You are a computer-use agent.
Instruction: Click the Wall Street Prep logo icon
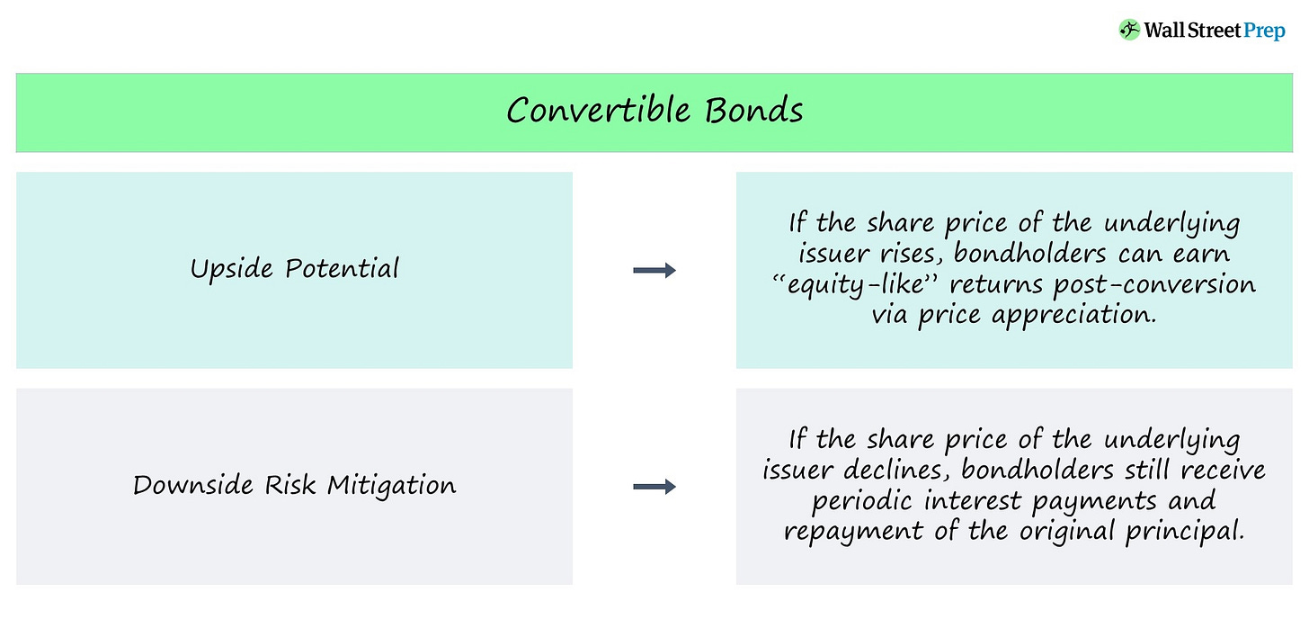point(1129,30)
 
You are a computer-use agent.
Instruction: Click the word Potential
point(343,269)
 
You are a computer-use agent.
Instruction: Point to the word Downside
point(193,486)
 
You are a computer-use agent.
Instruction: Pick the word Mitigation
point(391,486)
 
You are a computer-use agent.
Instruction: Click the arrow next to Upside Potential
point(654,270)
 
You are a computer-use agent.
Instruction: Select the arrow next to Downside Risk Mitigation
point(654,487)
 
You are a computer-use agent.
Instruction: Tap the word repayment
point(857,532)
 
